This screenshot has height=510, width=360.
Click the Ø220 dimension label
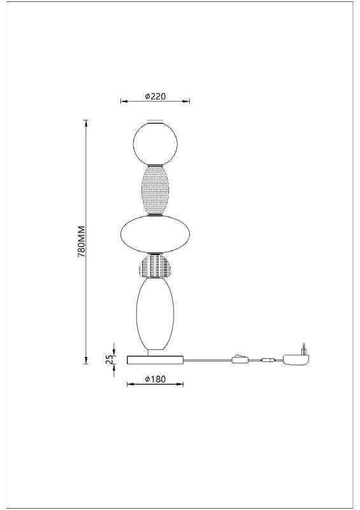click(155, 96)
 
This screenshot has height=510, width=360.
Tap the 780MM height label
click(82, 242)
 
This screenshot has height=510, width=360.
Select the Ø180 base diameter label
click(155, 379)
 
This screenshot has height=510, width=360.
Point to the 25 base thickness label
click(110, 359)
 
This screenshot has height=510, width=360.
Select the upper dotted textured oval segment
click(155, 190)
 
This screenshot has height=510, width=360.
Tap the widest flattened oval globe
click(155, 234)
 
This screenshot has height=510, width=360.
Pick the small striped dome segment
click(155, 266)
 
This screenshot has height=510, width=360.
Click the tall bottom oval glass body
click(155, 314)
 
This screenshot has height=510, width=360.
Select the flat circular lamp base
click(155, 360)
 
